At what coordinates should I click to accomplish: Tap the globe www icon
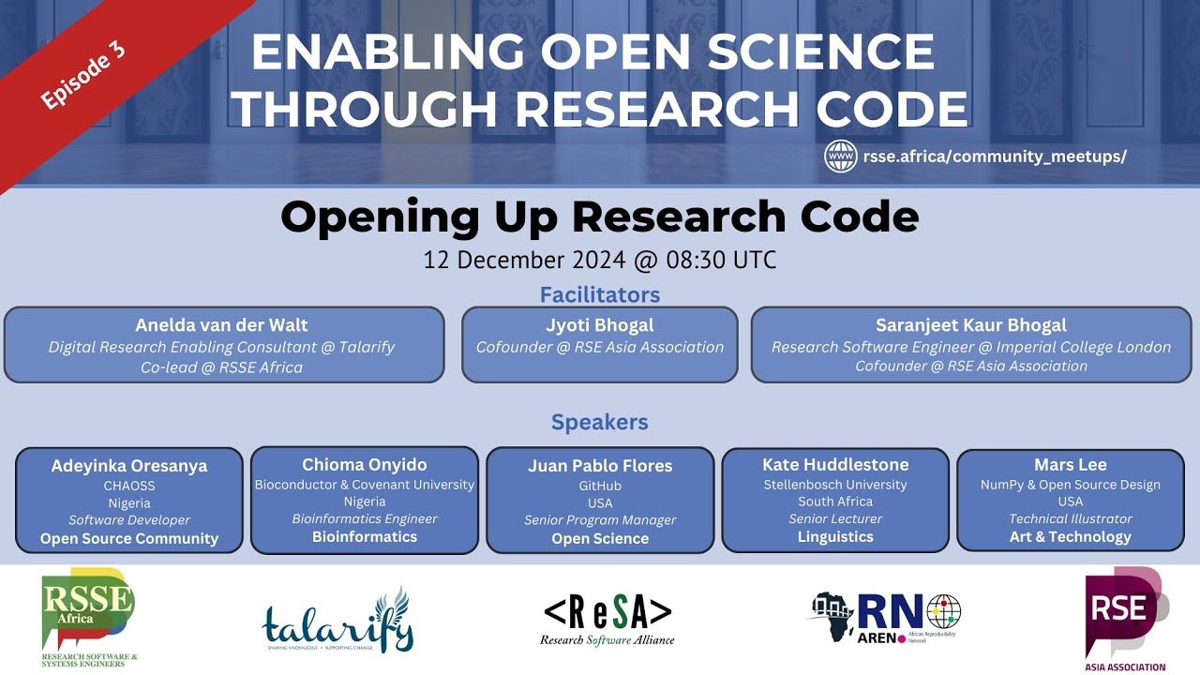[x=841, y=156]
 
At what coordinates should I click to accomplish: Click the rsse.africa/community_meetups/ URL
[x=995, y=157]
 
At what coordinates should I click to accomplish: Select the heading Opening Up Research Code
[x=600, y=217]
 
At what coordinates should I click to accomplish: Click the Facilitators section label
[x=600, y=294]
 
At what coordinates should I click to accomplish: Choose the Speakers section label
[x=600, y=422]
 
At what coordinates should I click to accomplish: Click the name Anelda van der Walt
[x=222, y=325]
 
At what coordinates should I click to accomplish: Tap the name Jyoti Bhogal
[x=600, y=325]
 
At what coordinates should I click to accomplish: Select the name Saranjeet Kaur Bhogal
[x=971, y=325]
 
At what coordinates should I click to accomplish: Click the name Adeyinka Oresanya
[x=129, y=466]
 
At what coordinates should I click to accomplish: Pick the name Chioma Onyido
[x=365, y=465]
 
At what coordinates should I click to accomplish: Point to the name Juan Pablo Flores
[x=600, y=466]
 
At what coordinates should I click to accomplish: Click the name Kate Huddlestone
[x=835, y=465]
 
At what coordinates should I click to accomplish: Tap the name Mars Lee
[x=1071, y=465]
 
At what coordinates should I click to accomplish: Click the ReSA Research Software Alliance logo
[x=607, y=619]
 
